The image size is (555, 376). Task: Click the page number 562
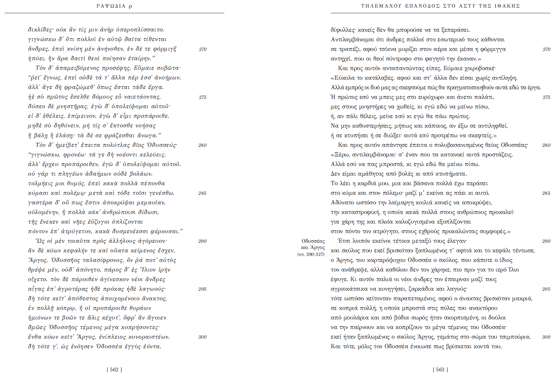(114, 370)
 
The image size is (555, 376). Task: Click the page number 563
(440, 370)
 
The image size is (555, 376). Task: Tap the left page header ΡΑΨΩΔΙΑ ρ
(114, 6)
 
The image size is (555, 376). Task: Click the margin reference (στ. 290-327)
(311, 254)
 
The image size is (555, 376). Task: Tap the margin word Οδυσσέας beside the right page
(313, 241)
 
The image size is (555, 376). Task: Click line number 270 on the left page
(203, 49)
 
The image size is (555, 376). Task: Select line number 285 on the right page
(546, 193)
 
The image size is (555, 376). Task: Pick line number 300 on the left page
(202, 337)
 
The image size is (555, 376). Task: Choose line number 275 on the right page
(546, 97)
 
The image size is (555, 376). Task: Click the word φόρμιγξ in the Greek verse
(165, 49)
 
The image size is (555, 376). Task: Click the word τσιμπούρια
(515, 337)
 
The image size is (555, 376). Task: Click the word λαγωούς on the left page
(152, 289)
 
